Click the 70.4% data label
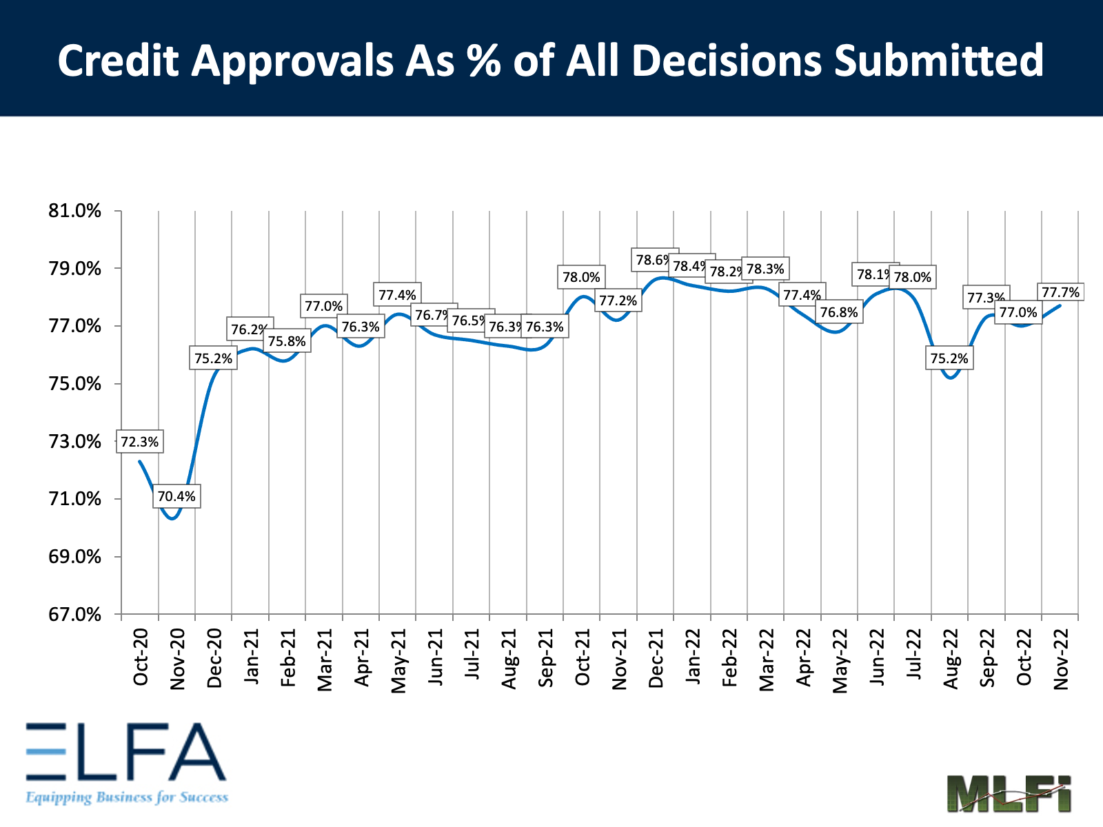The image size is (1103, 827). pyautogui.click(x=176, y=496)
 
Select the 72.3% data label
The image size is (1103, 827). pyautogui.click(x=140, y=442)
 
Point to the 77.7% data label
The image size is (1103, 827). pyautogui.click(x=1060, y=293)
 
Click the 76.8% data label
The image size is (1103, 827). pyautogui.click(x=839, y=313)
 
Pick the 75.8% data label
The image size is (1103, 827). pyautogui.click(x=287, y=341)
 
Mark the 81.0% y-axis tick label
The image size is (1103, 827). pyautogui.click(x=74, y=211)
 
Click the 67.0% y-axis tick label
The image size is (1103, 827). pyautogui.click(x=74, y=614)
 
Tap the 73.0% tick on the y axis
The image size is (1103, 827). pyautogui.click(x=74, y=441)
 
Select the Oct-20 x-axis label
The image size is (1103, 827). pyautogui.click(x=141, y=657)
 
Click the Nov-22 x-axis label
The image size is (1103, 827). pyautogui.click(x=1061, y=659)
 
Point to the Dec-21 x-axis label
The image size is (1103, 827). pyautogui.click(x=656, y=658)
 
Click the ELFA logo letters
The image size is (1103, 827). pyautogui.click(x=125, y=752)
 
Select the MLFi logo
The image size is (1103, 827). pyautogui.click(x=1009, y=793)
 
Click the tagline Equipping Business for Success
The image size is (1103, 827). pyautogui.click(x=127, y=797)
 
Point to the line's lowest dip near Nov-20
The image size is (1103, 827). pyautogui.click(x=172, y=518)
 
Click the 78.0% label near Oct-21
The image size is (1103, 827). pyautogui.click(x=581, y=278)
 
